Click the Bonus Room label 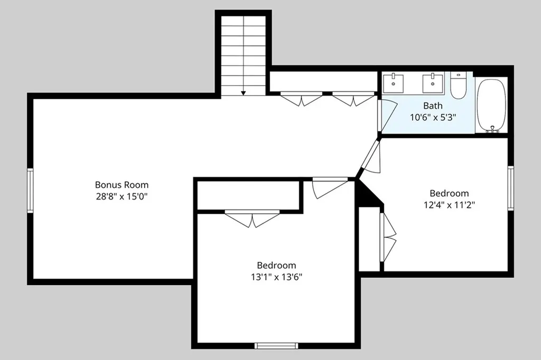pyautogui.click(x=122, y=185)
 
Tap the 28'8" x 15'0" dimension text pyautogui.click(x=122, y=196)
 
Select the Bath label pyautogui.click(x=433, y=106)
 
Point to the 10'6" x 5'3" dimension pyautogui.click(x=433, y=117)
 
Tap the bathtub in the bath pyautogui.click(x=491, y=105)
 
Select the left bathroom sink pyautogui.click(x=393, y=83)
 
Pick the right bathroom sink pyautogui.click(x=433, y=83)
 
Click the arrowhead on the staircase pyautogui.click(x=243, y=93)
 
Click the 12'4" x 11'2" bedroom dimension pyautogui.click(x=449, y=205)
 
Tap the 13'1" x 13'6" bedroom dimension pyautogui.click(x=277, y=277)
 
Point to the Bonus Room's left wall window pyautogui.click(x=30, y=191)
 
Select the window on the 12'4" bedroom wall pyautogui.click(x=511, y=188)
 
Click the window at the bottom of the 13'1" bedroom pyautogui.click(x=276, y=346)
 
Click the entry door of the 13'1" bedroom pyautogui.click(x=330, y=188)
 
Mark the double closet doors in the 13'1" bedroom pyautogui.click(x=252, y=219)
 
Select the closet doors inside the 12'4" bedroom pyautogui.click(x=388, y=237)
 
